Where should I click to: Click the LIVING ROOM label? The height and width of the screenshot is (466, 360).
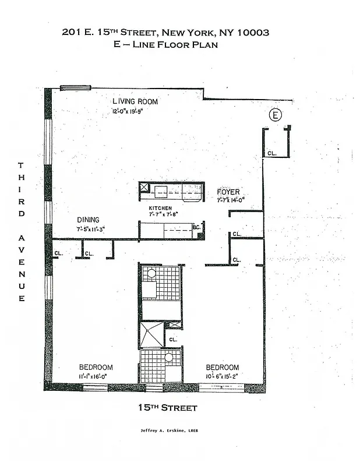point(135,101)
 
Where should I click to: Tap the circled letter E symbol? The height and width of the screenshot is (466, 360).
point(274,115)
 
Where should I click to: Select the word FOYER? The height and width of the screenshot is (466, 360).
point(228,192)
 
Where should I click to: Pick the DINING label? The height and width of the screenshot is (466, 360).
point(90,220)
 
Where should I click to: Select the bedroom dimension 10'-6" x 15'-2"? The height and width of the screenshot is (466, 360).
point(223,377)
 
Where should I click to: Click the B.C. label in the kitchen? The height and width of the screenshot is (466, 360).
point(196,228)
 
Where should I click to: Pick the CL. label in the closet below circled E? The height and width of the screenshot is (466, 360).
point(271,154)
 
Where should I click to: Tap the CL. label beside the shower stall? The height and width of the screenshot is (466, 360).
point(173,338)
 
